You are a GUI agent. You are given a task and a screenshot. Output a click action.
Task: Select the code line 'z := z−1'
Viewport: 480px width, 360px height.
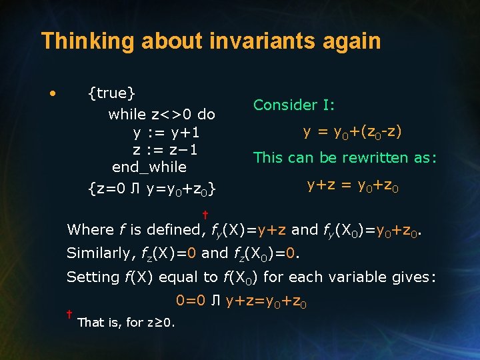pyautogui.click(x=165, y=149)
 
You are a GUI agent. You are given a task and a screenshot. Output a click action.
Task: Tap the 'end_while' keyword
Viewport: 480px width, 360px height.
pyautogui.click(x=149, y=167)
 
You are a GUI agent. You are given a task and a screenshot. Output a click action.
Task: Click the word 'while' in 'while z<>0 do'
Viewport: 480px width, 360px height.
pyautogui.click(x=127, y=115)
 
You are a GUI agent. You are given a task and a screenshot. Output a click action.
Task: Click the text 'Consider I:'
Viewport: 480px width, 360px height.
pyautogui.click(x=294, y=105)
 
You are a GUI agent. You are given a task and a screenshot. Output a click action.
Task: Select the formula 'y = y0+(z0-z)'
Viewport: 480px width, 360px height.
pyautogui.click(x=353, y=132)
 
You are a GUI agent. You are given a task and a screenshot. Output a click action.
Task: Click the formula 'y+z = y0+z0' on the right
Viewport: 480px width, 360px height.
pyautogui.click(x=353, y=185)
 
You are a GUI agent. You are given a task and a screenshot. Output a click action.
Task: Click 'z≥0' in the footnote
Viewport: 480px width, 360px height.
pyautogui.click(x=161, y=323)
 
